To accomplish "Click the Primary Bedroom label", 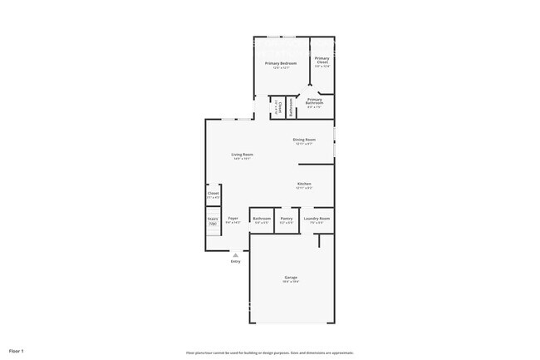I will coord(281,63).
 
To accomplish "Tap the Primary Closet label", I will coord(322,60).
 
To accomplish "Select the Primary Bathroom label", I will coord(314,101).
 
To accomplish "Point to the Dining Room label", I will coord(304,139).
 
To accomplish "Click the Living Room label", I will coord(242,155).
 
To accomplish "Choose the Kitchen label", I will coord(304,183).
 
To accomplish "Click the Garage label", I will coord(291,277).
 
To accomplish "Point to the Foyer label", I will coord(233,218).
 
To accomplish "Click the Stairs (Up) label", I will coord(213,220).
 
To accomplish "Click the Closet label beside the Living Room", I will coord(214,193).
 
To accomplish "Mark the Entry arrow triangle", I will coord(235,254).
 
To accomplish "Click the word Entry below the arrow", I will coord(235,262).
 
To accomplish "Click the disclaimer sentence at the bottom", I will coord(270,353).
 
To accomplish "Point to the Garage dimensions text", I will coord(291,282).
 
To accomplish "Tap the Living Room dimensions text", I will coord(242,159).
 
